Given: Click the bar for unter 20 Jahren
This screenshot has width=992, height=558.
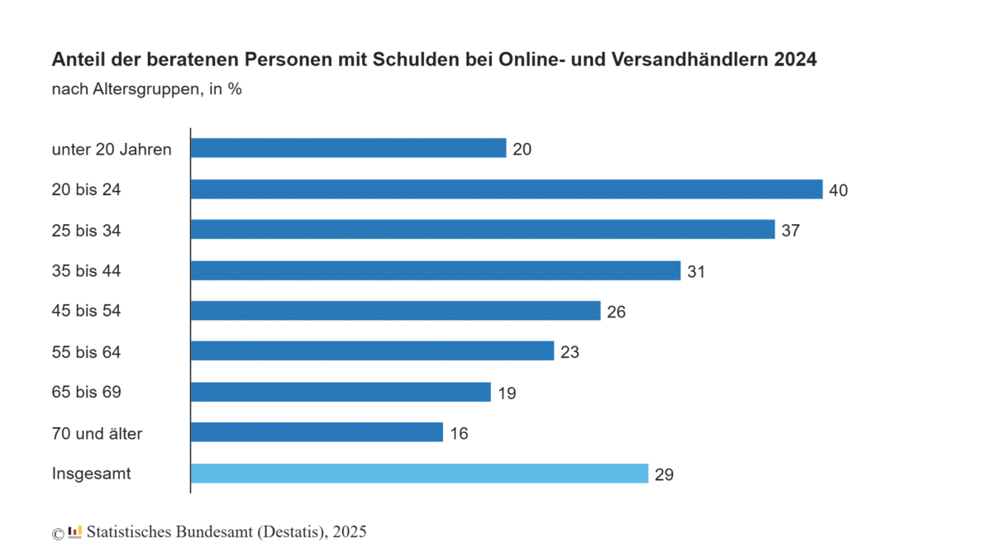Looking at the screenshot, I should (348, 148).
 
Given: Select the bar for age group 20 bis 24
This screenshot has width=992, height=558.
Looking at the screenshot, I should (506, 189).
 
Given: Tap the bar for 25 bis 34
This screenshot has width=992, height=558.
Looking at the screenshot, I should (482, 230).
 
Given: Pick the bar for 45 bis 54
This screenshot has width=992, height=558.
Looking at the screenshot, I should (395, 311).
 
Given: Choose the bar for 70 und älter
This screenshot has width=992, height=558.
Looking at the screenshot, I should (317, 432).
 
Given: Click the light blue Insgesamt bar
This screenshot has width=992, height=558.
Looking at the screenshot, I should (419, 474).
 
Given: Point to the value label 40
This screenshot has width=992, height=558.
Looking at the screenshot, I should (838, 190).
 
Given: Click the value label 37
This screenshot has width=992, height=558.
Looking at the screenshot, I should (790, 231).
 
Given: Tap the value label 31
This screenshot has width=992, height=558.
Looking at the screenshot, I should (696, 271).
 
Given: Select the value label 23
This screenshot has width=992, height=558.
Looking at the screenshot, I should (569, 352).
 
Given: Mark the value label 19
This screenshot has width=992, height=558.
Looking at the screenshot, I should (507, 393).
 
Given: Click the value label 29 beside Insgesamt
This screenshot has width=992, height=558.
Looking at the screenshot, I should (664, 475).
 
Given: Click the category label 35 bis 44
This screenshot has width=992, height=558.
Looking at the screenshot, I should (86, 271).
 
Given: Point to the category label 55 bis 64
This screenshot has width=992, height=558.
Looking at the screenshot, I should (86, 352).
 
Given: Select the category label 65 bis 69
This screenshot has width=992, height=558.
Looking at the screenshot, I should (86, 393).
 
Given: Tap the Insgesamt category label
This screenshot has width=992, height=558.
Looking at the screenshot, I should (91, 474).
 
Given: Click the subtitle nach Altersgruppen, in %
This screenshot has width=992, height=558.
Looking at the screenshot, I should (146, 89).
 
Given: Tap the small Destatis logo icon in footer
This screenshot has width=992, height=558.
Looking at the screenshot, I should (74, 532).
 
